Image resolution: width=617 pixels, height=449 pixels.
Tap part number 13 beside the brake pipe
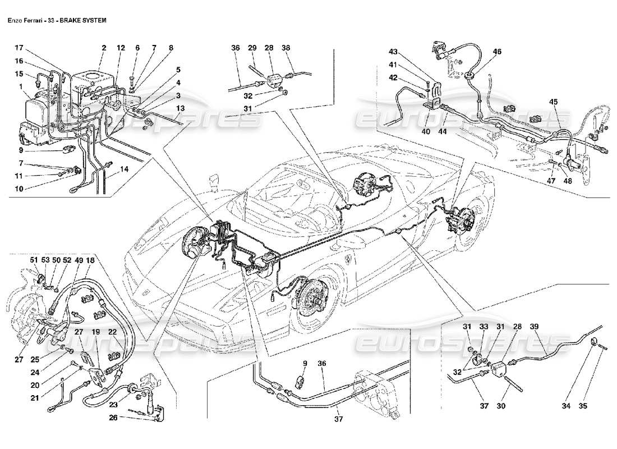179,108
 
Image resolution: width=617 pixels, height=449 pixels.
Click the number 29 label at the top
252,48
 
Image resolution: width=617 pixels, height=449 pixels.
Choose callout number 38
286,48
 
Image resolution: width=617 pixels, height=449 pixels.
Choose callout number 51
33,260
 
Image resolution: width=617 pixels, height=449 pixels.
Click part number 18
90,260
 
